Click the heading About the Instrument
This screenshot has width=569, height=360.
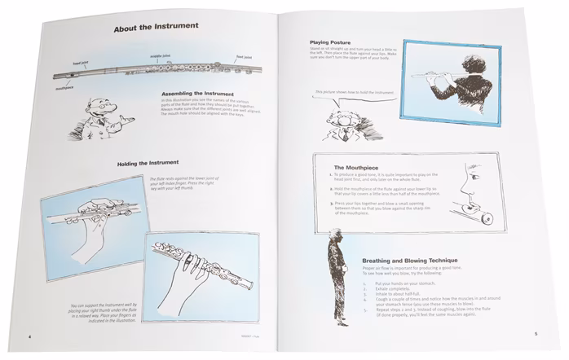point(156,26)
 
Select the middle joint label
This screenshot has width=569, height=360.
point(161,57)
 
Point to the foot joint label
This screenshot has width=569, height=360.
point(244,57)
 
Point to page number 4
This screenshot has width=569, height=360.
point(30,335)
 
